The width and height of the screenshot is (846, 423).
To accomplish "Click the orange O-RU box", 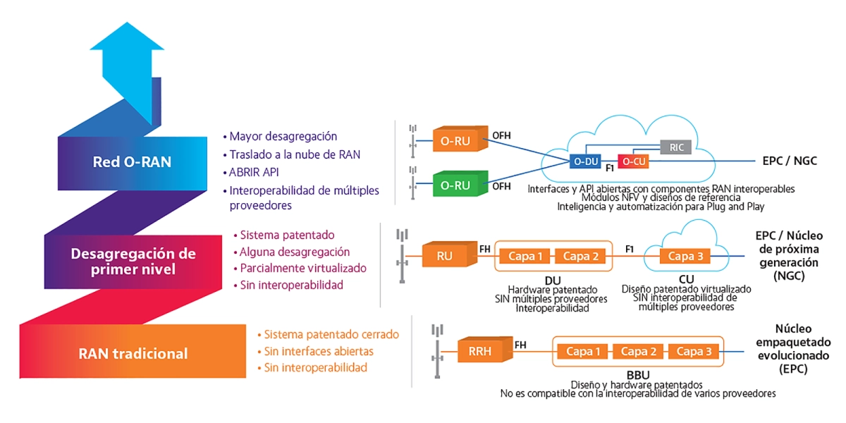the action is [460, 139].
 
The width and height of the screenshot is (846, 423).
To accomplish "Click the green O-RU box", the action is [460, 183].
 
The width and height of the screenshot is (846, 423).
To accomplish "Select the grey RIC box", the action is [676, 147].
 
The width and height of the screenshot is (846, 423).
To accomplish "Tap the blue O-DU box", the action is [585, 161].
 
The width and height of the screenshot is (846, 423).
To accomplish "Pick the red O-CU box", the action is [633, 161].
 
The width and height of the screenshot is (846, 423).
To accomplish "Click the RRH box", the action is [485, 350].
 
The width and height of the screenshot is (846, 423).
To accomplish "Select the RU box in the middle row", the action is [450, 255].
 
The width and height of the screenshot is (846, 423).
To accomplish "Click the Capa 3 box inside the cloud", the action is [685, 256].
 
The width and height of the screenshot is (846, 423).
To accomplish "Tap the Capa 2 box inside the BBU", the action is [638, 351].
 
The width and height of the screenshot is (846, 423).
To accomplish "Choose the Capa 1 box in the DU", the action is [525, 256].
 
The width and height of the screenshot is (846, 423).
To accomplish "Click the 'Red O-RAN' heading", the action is [133, 162].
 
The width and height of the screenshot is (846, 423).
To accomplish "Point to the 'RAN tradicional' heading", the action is [133, 354].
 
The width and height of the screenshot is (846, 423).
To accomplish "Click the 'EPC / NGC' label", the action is [790, 161].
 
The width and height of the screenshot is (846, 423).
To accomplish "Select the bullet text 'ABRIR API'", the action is [254, 172].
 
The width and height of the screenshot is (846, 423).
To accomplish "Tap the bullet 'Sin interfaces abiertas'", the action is [319, 351].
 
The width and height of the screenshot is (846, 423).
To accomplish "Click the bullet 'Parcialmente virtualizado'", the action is [303, 268].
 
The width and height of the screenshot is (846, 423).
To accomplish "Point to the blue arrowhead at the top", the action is [127, 36].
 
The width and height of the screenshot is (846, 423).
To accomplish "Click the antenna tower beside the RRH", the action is [437, 351].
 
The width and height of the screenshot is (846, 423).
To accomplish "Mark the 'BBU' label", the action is [638, 375].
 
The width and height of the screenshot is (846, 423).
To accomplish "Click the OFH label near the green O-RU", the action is [501, 186].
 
